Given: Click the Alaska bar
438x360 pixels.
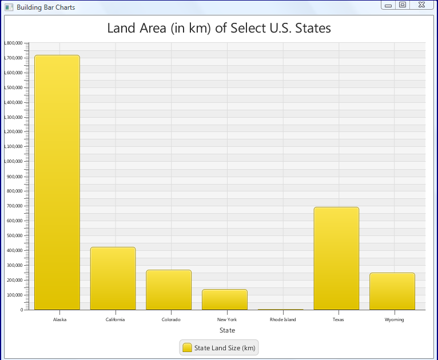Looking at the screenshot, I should pos(57,183).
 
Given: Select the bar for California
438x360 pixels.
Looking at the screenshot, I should pos(113,278).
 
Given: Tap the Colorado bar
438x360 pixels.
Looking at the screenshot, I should pos(169,290).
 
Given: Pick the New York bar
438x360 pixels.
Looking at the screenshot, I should pos(225,299).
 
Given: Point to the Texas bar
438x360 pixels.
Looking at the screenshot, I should pos(336,258).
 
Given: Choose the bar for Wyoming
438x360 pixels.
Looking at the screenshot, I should pos(392,291).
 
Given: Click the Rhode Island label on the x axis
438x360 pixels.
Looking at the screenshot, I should pos(282,319).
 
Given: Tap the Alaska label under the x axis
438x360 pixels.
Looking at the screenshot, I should pos(59,319).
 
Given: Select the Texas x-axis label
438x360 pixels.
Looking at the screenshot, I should pos(339,319).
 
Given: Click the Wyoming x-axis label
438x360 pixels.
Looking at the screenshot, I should pos(394,319).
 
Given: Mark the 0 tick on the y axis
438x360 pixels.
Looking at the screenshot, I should pos(22,310).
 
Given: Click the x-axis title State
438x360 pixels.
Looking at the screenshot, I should pos(227,330).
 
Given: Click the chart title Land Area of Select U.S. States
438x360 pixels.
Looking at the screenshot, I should pos(219,28).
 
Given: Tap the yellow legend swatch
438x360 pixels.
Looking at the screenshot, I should pos(187,347).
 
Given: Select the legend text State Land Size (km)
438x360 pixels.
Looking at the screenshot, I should pos(225,347).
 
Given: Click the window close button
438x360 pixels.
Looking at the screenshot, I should pos(421,5).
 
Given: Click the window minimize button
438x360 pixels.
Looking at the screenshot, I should pos(388,5).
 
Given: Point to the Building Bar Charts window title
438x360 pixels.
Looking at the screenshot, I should pos(46,7).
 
